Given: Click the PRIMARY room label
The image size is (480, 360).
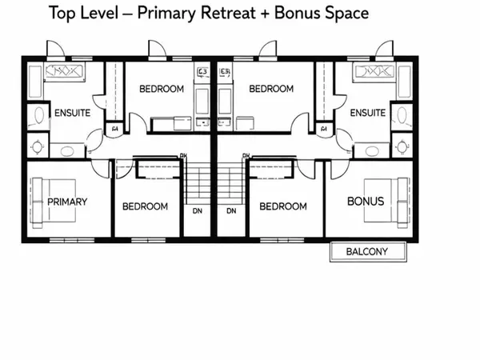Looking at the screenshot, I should [x=67, y=202].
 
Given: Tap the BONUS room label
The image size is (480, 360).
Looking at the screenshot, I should [x=365, y=201].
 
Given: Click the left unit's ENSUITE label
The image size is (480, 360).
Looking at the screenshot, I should [x=71, y=113].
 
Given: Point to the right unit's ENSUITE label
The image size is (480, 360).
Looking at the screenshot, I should [x=368, y=113].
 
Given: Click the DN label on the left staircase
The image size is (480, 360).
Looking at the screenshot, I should [x=198, y=211].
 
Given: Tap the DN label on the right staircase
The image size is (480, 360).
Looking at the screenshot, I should [x=231, y=211].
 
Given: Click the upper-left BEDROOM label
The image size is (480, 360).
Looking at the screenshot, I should [x=162, y=90].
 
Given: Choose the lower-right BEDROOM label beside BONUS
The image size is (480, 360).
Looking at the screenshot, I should [x=283, y=206].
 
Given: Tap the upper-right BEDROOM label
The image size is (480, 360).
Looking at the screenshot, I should [x=271, y=90].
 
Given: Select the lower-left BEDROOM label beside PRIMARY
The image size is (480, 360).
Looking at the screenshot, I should [x=145, y=206].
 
